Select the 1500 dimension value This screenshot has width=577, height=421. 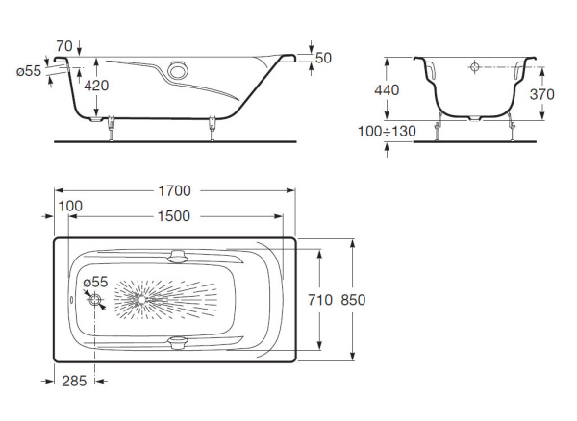tap(173, 216)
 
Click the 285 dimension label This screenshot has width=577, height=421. tap(74, 381)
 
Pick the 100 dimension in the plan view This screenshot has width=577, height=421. tap(70, 207)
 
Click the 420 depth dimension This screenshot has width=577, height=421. tap(96, 86)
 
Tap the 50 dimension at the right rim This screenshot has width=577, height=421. tap(323, 59)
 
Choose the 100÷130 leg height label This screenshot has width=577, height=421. tap(387, 130)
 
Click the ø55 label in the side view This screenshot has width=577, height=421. tap(32, 71)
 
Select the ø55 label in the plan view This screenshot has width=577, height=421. tap(94, 282)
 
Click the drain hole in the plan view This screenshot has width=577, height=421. tap(96, 302)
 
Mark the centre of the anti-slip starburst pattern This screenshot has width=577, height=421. tap(141, 300)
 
